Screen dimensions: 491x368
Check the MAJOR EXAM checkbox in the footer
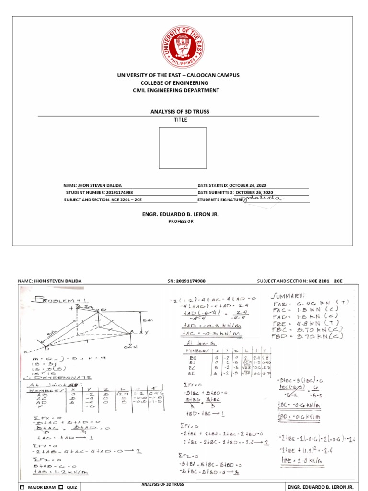coord(22,487)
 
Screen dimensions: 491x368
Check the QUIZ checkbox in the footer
coord(61,487)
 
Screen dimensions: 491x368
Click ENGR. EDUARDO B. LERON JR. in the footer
coord(316,487)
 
